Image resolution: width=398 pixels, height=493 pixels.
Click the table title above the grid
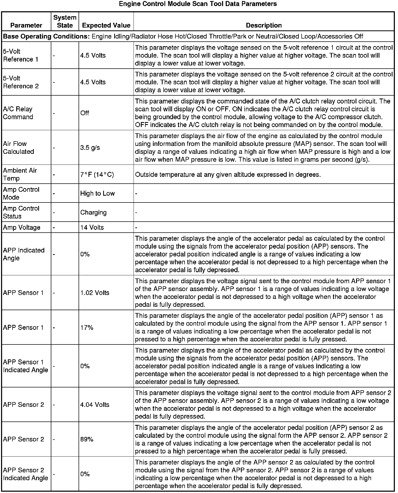pos(198,4)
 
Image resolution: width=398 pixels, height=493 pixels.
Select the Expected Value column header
pos(106,25)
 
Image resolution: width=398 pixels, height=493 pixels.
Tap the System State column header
pos(65,21)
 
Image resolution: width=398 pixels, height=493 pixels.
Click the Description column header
pos(264,25)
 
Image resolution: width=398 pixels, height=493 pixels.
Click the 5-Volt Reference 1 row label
pos(21,55)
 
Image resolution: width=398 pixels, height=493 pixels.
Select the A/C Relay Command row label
pos(18,113)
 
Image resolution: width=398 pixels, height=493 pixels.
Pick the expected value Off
pos(85,113)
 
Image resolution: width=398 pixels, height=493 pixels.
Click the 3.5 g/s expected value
pos(90,148)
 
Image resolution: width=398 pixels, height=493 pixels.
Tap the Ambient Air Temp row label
pos(20,174)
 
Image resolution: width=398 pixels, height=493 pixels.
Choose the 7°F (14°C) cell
pos(97,174)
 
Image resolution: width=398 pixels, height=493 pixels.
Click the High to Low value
pos(97,194)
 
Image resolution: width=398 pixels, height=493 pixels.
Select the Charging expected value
pos(93,212)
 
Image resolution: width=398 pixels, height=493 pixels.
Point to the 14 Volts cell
pos(92,227)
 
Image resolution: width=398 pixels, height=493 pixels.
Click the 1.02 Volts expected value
pos(95,293)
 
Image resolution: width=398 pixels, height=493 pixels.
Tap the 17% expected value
pos(87,328)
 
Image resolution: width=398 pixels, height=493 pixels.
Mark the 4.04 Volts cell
pos(95,405)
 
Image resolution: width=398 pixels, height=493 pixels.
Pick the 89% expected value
pos(87,439)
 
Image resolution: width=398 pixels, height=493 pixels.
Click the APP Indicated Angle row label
pos(24,254)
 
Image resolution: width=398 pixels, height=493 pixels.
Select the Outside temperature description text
pos(228,174)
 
